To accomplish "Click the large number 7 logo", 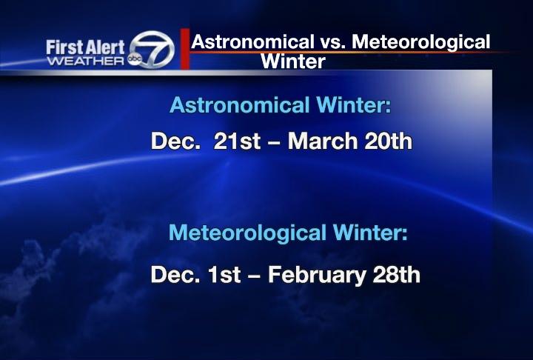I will pyautogui.click(x=157, y=50).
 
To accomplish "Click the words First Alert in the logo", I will pyautogui.click(x=86, y=47).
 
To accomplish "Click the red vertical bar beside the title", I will pyautogui.click(x=185, y=50).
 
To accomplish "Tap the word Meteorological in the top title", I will pyautogui.click(x=420, y=42).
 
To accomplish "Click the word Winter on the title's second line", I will pyautogui.click(x=293, y=61).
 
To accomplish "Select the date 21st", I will pyautogui.click(x=237, y=141).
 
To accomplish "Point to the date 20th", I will pyautogui.click(x=387, y=141).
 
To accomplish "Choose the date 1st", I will pyautogui.click(x=222, y=276).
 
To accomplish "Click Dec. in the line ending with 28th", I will pyautogui.click(x=172, y=276).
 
